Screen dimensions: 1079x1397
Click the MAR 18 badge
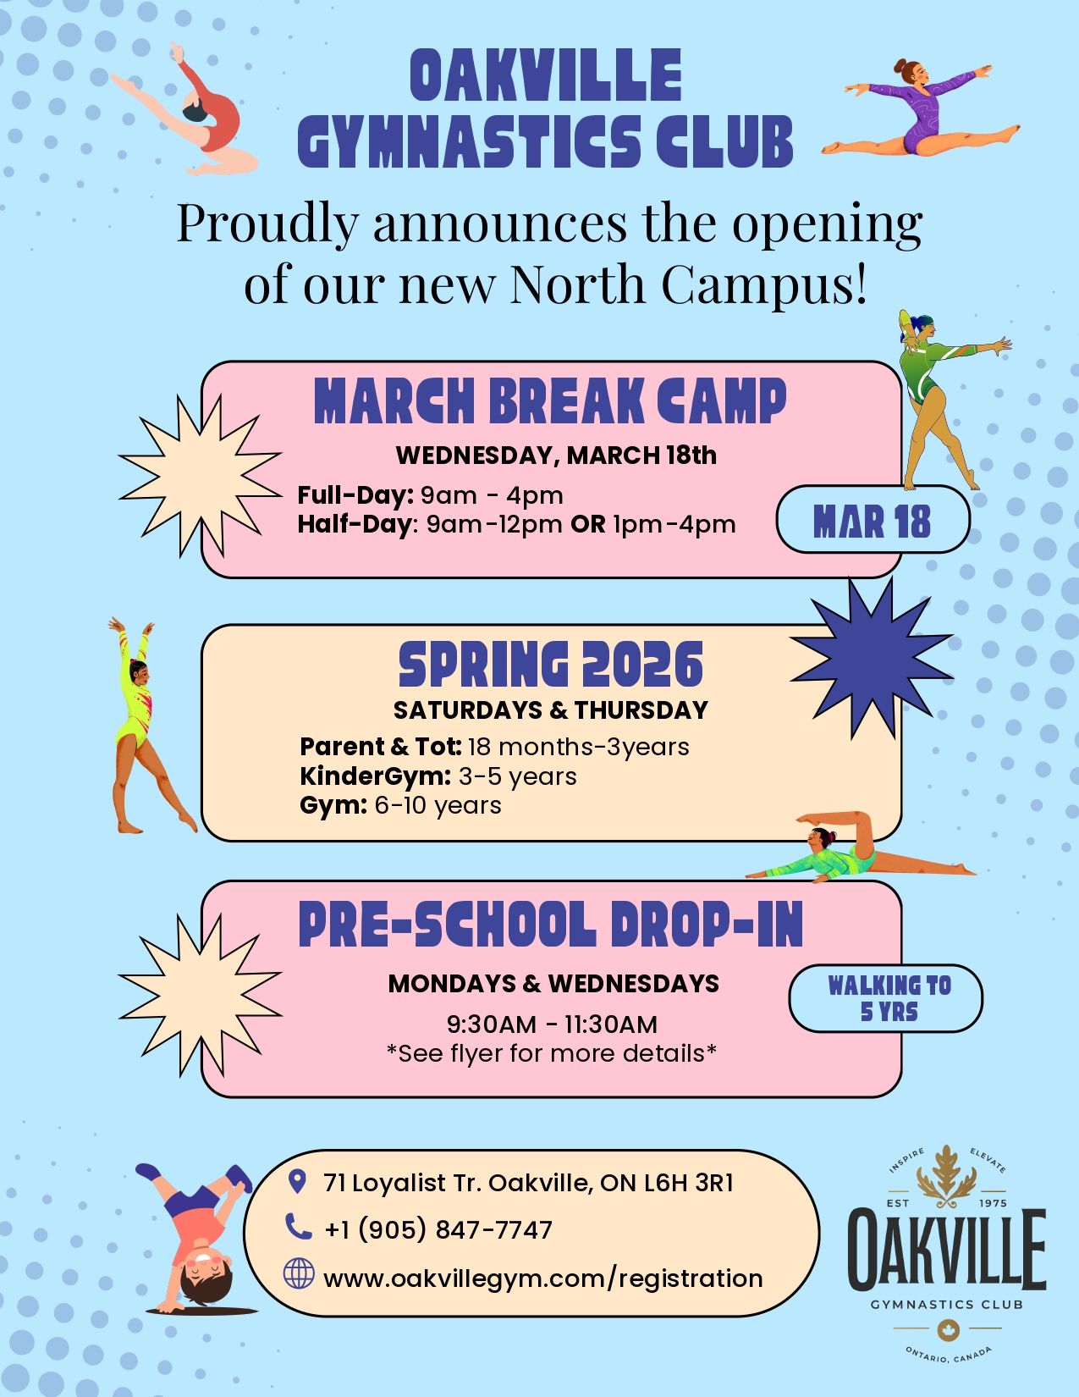click(x=873, y=520)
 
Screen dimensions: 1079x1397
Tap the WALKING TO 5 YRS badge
click(x=885, y=998)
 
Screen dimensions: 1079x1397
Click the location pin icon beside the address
click(x=296, y=1182)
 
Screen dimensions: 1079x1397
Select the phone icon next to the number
click(x=298, y=1226)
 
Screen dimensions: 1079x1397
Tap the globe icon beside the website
click(x=299, y=1273)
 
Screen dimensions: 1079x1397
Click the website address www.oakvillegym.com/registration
click(x=543, y=1278)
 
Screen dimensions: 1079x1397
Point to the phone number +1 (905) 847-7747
click(x=438, y=1230)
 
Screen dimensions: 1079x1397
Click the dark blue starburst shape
click(x=872, y=658)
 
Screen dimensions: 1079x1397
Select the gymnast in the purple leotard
click(x=920, y=108)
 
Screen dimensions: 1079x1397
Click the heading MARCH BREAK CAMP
click(x=550, y=401)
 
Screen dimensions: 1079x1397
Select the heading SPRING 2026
click(x=551, y=665)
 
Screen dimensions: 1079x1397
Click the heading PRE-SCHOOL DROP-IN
click(x=551, y=925)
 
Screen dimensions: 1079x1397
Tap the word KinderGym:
click(x=375, y=776)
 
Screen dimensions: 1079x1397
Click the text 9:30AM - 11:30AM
click(x=552, y=1024)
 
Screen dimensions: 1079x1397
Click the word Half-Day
click(x=354, y=525)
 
